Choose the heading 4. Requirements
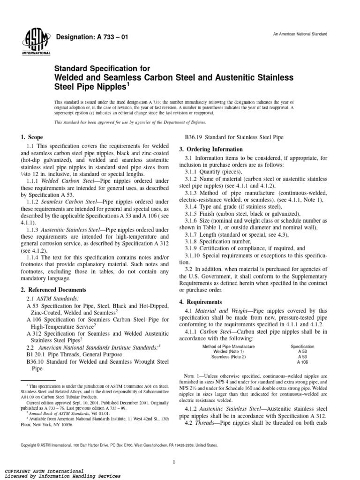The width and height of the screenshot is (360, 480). tap(199, 302)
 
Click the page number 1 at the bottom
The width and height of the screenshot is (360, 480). tap(173, 449)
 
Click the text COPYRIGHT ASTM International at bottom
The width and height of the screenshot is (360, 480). tap(44, 470)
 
